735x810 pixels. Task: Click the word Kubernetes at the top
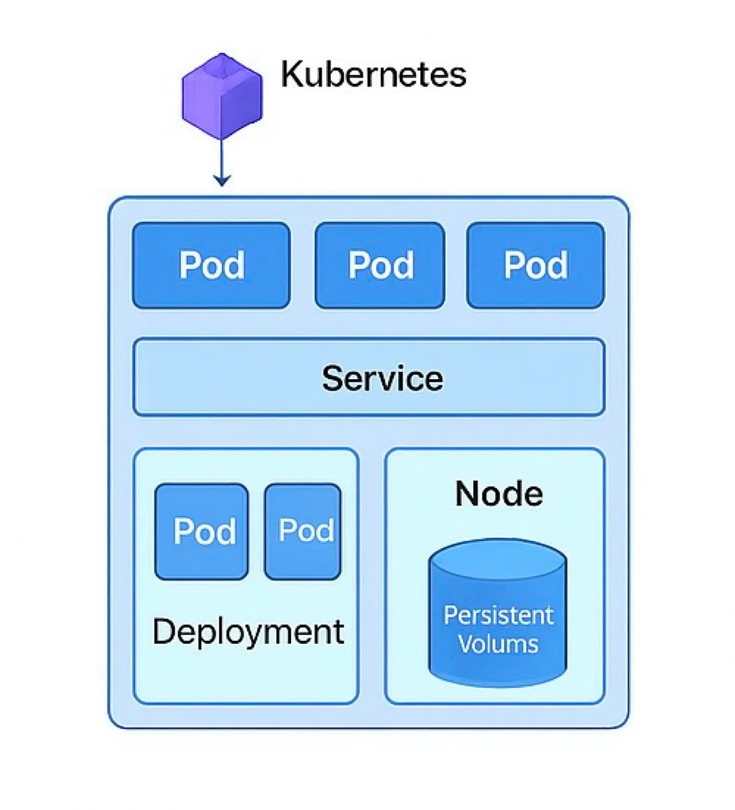(x=373, y=74)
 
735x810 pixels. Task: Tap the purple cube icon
(x=222, y=97)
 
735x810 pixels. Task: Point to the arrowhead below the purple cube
(x=222, y=180)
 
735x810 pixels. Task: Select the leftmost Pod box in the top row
(x=211, y=265)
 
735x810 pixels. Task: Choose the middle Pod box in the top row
(x=380, y=265)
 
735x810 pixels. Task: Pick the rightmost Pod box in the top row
(x=535, y=265)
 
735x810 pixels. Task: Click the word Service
(x=382, y=378)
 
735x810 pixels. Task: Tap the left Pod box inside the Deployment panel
(x=201, y=531)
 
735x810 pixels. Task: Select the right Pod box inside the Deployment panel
(x=303, y=531)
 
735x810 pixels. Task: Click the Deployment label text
(x=248, y=631)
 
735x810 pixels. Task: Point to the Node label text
(x=498, y=493)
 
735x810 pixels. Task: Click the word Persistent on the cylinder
(x=498, y=615)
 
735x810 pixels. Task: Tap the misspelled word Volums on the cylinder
(x=498, y=644)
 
